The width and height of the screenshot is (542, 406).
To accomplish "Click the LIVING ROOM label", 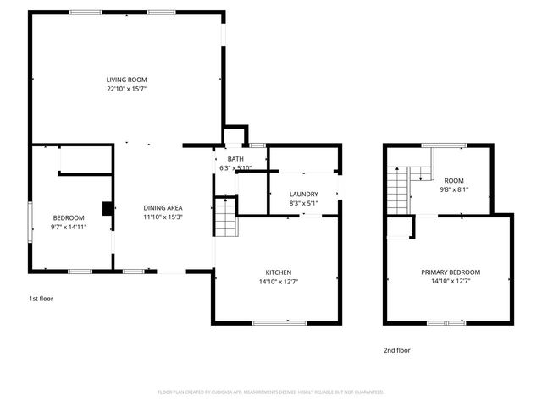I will coord(126,80).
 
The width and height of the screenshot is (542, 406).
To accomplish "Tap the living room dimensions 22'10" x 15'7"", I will coord(126,89).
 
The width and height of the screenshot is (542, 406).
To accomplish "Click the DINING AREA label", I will coord(163,208).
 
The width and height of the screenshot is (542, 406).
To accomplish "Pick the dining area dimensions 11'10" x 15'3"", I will coord(163,217).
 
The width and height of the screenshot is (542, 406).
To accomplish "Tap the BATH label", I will coord(235,159).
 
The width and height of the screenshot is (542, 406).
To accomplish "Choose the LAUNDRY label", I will coord(303,194).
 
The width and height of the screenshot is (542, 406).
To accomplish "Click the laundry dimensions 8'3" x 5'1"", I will coord(303,203).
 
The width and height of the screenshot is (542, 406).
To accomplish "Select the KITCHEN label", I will coord(277,272).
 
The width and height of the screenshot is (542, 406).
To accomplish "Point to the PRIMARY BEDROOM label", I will coord(451,272).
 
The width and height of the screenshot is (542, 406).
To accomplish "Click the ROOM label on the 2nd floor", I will coord(455,180).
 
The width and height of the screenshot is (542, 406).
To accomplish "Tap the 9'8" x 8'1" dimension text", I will coord(455,189).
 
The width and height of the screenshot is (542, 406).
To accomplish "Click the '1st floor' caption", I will coord(41,298).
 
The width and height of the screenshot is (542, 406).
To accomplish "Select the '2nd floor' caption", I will coord(396,348).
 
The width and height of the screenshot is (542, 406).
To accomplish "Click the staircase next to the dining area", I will coord(224,218).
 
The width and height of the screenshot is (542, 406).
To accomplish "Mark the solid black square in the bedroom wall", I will coord(108,209).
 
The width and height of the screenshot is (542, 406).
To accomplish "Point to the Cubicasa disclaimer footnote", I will coord(271,392).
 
